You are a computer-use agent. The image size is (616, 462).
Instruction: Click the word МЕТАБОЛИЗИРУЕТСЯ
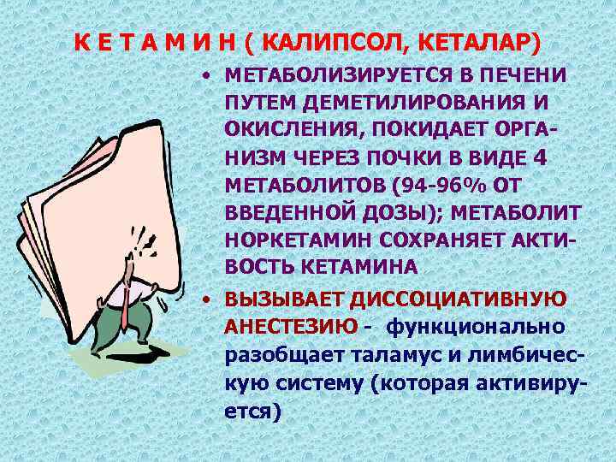pos(330,74)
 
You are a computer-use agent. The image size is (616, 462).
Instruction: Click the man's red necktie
pos(125,304)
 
